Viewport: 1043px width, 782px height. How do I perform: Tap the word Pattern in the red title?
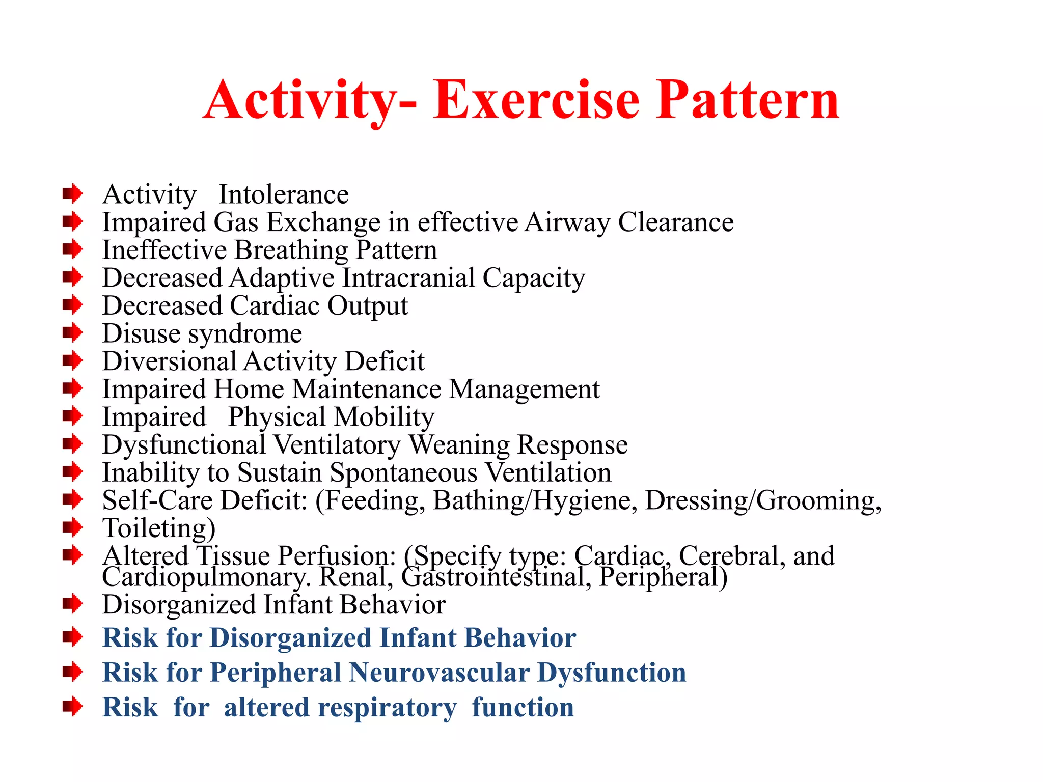[x=747, y=100]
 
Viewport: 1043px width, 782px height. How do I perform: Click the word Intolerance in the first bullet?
[x=284, y=195]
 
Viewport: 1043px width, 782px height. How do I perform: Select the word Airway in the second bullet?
[x=567, y=223]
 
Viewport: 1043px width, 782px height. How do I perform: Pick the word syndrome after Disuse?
[x=245, y=334]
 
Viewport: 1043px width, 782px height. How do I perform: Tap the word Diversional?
[x=169, y=361]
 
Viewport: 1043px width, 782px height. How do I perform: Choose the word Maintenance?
[x=367, y=389]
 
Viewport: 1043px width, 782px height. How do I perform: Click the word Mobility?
[x=385, y=417]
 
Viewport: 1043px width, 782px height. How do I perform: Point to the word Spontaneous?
[x=403, y=473]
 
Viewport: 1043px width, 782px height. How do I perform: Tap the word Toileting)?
[x=159, y=528]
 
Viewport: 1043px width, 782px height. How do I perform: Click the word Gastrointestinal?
[x=496, y=578]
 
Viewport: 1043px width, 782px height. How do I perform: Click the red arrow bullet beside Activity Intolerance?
[x=72, y=193]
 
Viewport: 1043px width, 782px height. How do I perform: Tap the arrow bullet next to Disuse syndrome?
[x=72, y=333]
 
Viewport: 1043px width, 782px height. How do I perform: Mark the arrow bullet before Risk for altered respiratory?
[x=72, y=707]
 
